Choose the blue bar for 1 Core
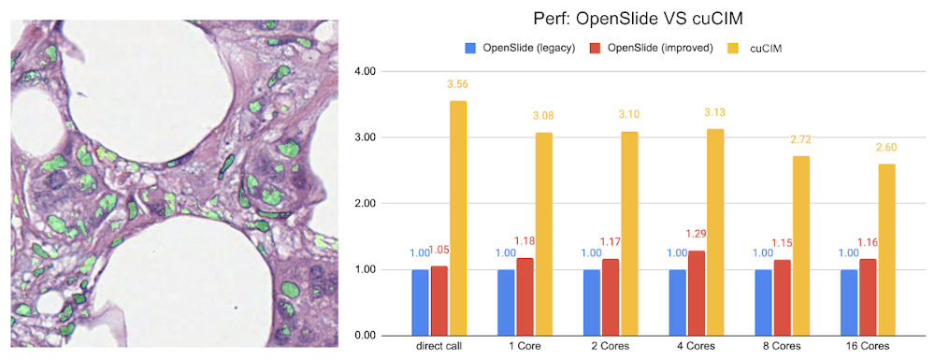tap(505, 302)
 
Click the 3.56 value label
tap(457, 85)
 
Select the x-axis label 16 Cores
tap(861, 348)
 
